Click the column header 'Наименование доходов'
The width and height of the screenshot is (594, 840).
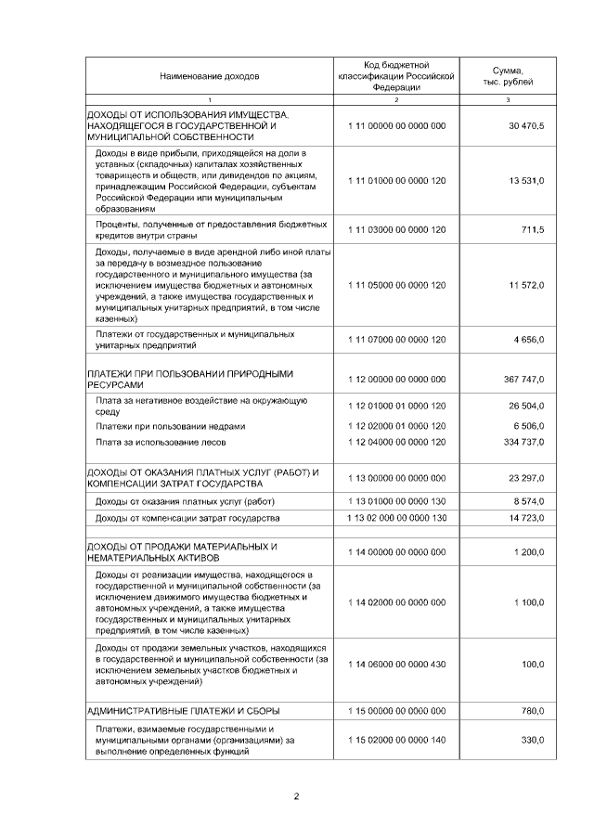[210, 76]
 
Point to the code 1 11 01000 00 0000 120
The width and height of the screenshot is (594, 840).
[396, 180]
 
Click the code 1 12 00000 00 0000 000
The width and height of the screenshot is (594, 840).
[396, 380]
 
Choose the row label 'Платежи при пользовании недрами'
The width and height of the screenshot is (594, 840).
[171, 426]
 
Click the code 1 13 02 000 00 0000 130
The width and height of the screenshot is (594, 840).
[396, 517]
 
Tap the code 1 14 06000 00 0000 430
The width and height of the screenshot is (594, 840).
[396, 665]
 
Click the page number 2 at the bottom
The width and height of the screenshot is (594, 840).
[296, 796]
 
